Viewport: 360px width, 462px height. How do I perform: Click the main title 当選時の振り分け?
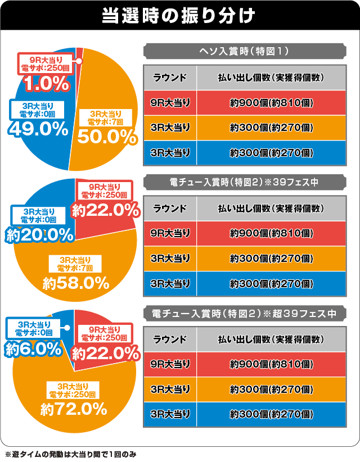coord(179,15)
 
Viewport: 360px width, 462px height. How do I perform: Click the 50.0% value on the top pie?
coord(107,137)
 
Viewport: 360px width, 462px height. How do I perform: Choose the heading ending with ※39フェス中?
coord(245,182)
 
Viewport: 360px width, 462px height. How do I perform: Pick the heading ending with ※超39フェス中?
coord(245,312)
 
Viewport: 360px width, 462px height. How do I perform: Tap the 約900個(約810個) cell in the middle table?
coord(271,233)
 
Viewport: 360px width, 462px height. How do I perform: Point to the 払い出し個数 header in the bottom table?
coord(271,339)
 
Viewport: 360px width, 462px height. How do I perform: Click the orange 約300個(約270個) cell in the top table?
coord(271,128)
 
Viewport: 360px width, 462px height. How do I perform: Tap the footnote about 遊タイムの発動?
coord(70,453)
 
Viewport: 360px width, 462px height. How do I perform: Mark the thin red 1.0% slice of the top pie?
coord(79,53)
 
